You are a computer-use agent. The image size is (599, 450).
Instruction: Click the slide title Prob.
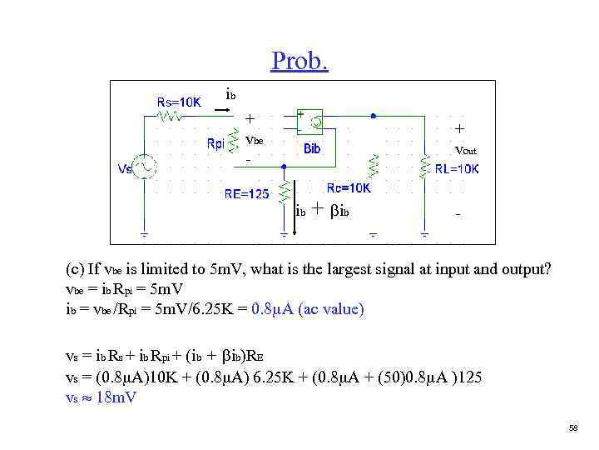pyautogui.click(x=299, y=61)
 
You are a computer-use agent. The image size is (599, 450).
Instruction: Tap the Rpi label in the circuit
pyautogui.click(x=215, y=143)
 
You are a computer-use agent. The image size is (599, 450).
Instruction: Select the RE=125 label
pyautogui.click(x=247, y=194)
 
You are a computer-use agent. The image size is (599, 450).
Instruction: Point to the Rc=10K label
pyautogui.click(x=349, y=188)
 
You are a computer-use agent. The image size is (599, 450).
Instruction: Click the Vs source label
pyautogui.click(x=125, y=169)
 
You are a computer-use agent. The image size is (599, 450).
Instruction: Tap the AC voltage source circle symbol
pyautogui.click(x=146, y=167)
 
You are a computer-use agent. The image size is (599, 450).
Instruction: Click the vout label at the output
pyautogui.click(x=465, y=151)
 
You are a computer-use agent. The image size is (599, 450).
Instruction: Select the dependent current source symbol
pyautogui.click(x=314, y=123)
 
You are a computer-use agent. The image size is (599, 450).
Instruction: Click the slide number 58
pyautogui.click(x=572, y=427)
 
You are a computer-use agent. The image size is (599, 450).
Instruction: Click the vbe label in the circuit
pyautogui.click(x=254, y=141)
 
